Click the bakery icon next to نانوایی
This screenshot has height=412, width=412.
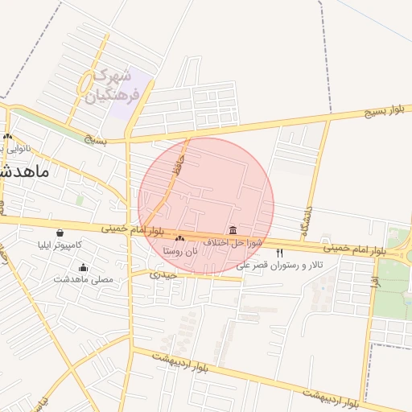[8, 137]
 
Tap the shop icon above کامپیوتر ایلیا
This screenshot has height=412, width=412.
[60, 233]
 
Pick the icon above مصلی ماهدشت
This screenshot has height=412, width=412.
[84, 268]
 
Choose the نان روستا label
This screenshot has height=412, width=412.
[179, 251]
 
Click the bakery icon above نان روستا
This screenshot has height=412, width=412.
[179, 239]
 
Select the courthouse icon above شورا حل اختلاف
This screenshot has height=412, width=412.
[233, 230]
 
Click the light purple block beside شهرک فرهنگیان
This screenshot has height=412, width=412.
[137, 97]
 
